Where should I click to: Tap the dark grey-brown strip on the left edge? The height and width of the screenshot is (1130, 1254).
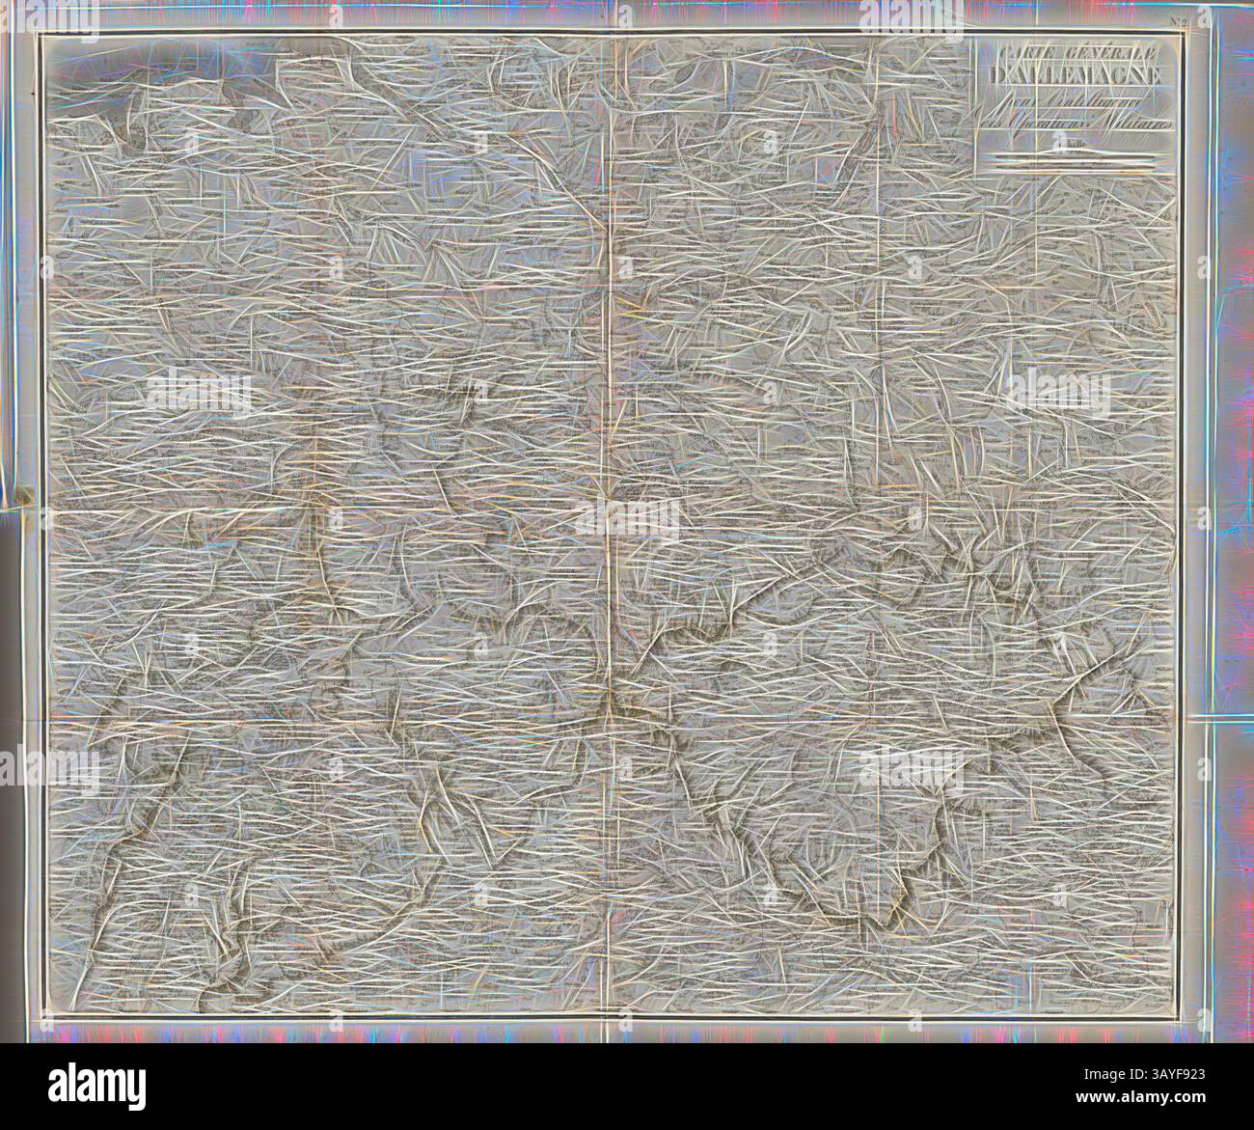pyautogui.click(x=12, y=772)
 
